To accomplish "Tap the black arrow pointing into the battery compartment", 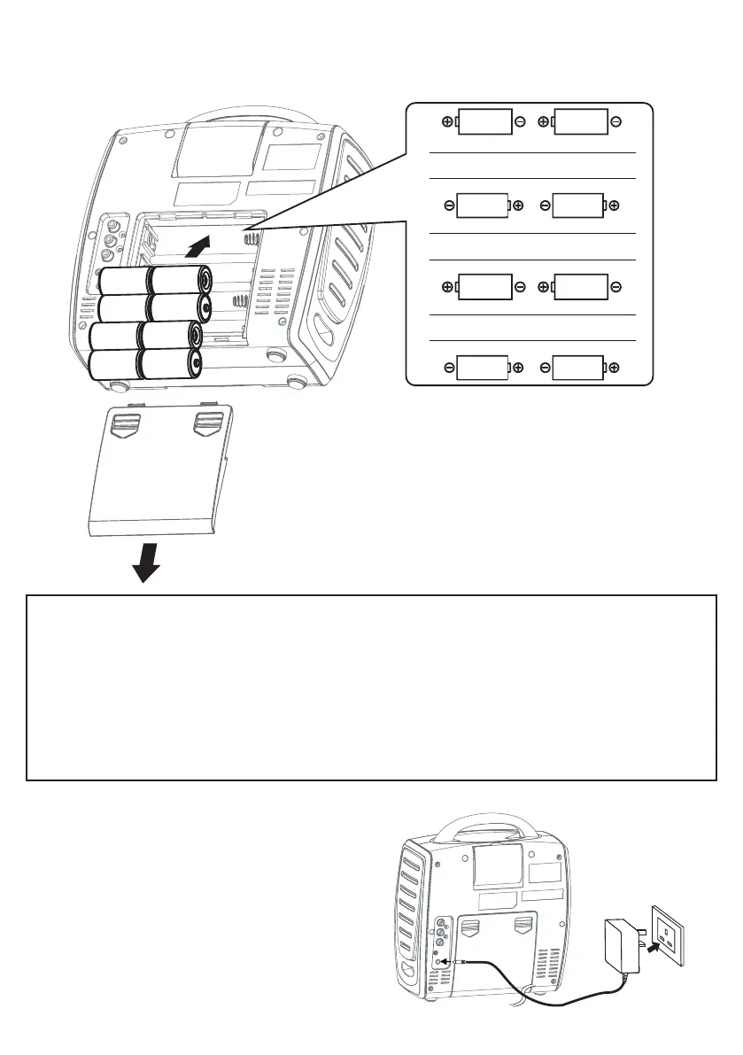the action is click(x=201, y=245).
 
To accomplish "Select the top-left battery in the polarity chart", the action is click(x=484, y=121).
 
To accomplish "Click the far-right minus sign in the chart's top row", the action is click(x=615, y=121).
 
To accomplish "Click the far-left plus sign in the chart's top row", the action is click(x=447, y=121).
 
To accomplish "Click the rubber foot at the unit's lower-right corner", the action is click(x=297, y=380).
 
